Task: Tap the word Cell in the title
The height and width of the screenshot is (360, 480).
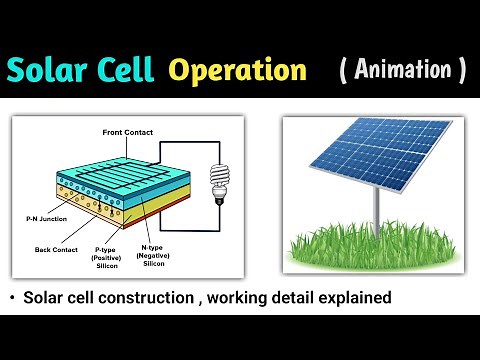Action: tap(126, 70)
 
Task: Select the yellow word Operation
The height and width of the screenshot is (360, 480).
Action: tap(237, 70)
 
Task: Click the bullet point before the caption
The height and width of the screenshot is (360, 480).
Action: tap(11, 298)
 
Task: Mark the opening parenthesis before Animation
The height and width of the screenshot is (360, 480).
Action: tap(344, 70)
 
